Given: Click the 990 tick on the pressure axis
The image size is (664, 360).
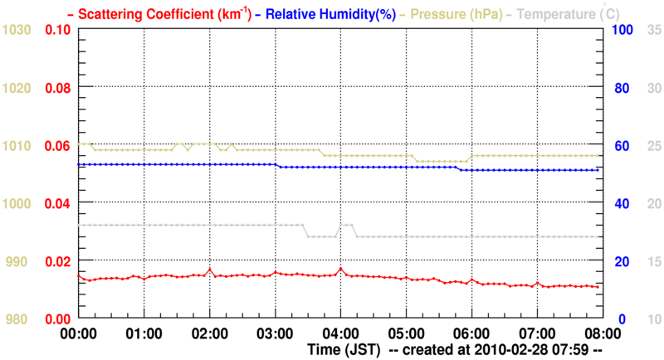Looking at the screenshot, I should pyautogui.click(x=17, y=261).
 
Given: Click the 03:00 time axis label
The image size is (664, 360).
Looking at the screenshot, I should pyautogui.click(x=275, y=334).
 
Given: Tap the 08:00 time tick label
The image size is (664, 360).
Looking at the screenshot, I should pyautogui.click(x=602, y=334).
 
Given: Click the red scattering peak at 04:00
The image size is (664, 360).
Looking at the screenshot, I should pyautogui.click(x=340, y=269).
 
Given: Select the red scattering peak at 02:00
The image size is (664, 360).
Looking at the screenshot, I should pyautogui.click(x=210, y=270).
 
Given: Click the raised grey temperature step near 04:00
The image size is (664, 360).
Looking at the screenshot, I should pyautogui.click(x=345, y=225).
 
